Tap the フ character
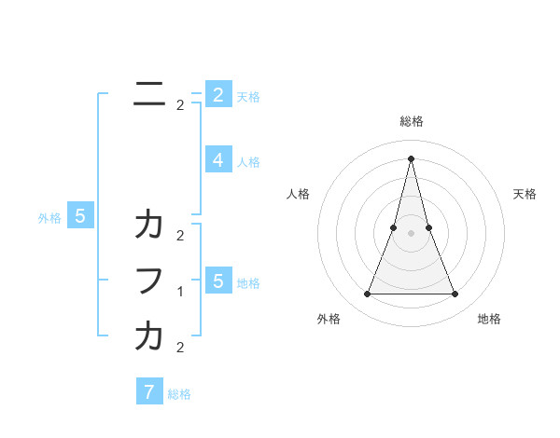click(x=149, y=281)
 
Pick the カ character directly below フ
click(x=149, y=336)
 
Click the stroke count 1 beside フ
click(x=180, y=292)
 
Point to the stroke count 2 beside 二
click(x=180, y=105)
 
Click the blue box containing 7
click(x=149, y=391)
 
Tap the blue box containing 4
click(x=217, y=159)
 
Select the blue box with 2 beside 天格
click(x=217, y=94)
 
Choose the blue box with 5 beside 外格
click(x=80, y=216)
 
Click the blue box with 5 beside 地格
click(x=217, y=281)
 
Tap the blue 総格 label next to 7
click(x=179, y=394)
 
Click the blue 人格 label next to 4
click(x=248, y=162)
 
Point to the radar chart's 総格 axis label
click(x=411, y=121)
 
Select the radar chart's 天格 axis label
click(x=525, y=194)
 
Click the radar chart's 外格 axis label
click(x=329, y=319)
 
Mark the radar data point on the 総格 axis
click(x=411, y=157)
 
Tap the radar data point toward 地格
click(x=455, y=294)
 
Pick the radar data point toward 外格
click(x=367, y=294)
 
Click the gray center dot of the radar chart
click(x=411, y=233)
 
